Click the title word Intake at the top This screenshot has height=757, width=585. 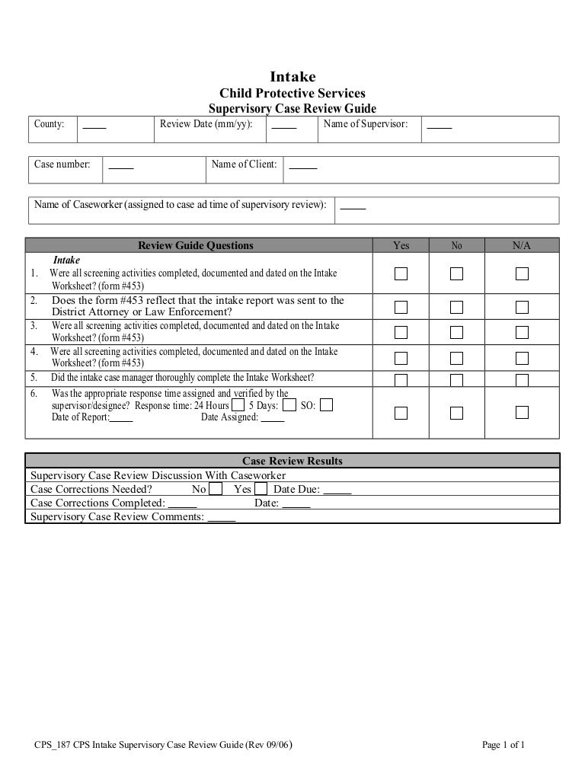pos(292,77)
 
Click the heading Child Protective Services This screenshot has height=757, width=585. pos(292,94)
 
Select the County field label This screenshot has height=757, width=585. pos(50,123)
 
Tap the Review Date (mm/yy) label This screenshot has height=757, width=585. pos(206,123)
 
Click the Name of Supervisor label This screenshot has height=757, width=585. pos(366,123)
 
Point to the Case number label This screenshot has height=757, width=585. pos(62,164)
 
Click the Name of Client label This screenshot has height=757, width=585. pos(244,164)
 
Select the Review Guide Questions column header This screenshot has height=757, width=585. pos(196,245)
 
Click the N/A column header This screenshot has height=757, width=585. pos(522,245)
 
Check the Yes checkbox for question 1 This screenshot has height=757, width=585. pos(401,273)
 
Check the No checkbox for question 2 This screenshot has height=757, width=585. pos(457,307)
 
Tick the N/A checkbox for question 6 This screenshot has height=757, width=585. pos(522,412)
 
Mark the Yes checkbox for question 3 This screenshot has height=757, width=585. pos(401,333)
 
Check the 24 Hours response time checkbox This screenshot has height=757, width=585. pos(238,405)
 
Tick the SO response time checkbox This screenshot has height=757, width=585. pos(326,405)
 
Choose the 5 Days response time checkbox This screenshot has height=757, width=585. pos(289,405)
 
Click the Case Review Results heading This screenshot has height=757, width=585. pos(292,461)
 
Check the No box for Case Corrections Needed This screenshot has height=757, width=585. pos(216,489)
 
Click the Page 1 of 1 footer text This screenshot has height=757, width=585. pos(504,745)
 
